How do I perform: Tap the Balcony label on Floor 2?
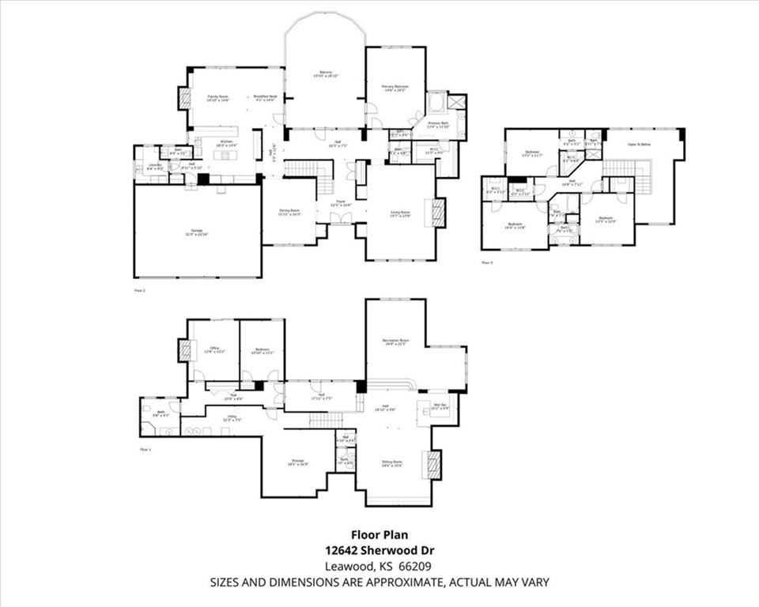point(325,74)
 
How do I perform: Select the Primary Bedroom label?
point(395,86)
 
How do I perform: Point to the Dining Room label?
point(289,211)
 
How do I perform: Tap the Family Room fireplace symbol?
point(184,98)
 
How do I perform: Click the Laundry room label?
point(155,165)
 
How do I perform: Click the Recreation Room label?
point(395,340)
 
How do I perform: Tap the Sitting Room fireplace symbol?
point(432,464)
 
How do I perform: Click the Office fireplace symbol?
point(185,350)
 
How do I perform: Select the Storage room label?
point(296,462)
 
